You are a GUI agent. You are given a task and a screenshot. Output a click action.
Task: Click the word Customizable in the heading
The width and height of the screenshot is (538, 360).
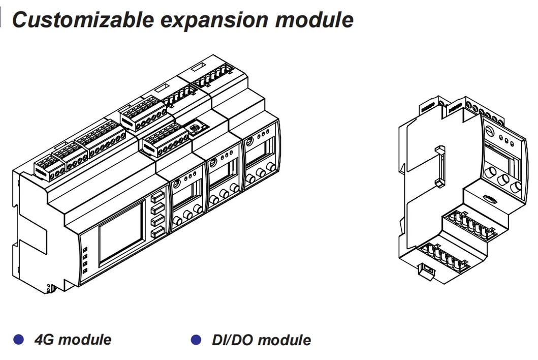pyautogui.click(x=83, y=20)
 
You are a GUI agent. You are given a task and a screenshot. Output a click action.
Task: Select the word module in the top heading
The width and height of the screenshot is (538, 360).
pyautogui.click(x=314, y=19)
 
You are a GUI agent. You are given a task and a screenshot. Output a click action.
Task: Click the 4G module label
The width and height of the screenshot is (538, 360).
pyautogui.click(x=73, y=339)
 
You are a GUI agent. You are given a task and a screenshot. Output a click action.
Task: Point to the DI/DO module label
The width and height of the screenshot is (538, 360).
pyautogui.click(x=262, y=340)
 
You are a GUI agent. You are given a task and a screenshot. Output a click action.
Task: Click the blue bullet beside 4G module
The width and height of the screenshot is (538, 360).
pyautogui.click(x=18, y=339)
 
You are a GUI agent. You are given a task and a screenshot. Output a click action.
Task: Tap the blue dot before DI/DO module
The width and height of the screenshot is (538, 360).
pyautogui.click(x=196, y=339)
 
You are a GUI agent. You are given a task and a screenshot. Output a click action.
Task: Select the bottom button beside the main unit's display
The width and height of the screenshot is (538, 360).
pyautogui.click(x=158, y=232)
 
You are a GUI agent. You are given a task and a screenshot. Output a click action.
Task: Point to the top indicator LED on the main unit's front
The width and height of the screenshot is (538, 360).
pyautogui.click(x=85, y=249)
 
